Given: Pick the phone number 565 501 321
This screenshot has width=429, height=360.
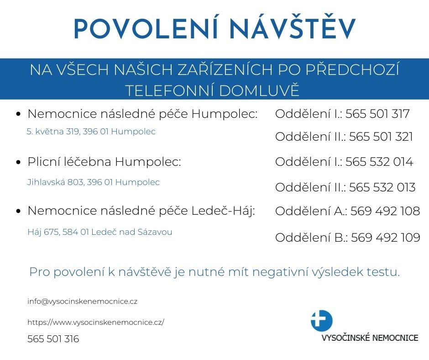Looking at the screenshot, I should (381, 137).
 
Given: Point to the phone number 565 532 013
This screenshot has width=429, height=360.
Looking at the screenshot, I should (382, 187).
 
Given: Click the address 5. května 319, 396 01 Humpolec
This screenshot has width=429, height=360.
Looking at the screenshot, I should (91, 132).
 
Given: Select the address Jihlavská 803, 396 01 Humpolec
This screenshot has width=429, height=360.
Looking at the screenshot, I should (94, 182).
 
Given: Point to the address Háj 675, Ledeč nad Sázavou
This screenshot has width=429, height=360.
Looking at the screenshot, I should (100, 232).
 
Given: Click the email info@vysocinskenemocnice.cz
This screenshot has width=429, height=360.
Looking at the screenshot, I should (83, 302).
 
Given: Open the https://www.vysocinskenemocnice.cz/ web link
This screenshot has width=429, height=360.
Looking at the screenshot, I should (96, 322).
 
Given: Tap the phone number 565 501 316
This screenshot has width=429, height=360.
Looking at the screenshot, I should (53, 339).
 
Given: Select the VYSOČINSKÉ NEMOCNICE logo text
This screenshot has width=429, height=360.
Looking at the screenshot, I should (370, 339).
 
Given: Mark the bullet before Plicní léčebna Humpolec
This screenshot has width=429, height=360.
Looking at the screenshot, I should (19, 162).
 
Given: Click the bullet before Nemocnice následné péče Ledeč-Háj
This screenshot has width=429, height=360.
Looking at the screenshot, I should (19, 211).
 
